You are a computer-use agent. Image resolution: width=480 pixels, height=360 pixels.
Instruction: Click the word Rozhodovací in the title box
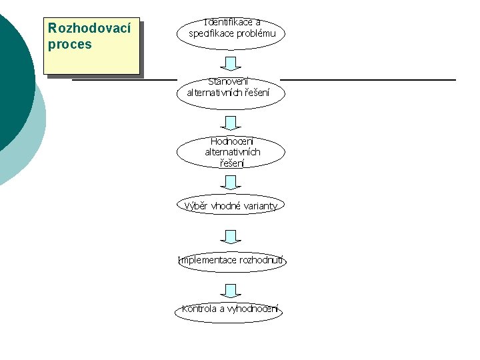coord(90,30)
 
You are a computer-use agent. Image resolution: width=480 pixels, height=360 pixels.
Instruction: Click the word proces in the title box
coord(70,45)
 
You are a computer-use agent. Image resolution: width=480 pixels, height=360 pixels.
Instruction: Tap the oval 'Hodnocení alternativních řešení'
coord(231,152)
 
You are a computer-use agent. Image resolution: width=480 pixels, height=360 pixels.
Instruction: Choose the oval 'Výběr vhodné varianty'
coord(231,206)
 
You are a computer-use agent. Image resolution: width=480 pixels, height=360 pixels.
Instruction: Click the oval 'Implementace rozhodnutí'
coord(231,260)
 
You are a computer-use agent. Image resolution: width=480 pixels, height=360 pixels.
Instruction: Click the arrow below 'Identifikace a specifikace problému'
coord(231,63)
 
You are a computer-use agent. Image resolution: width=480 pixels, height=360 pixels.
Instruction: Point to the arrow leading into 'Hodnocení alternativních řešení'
coord(231,123)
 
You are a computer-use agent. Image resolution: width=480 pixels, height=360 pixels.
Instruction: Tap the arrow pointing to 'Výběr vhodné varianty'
coord(231,182)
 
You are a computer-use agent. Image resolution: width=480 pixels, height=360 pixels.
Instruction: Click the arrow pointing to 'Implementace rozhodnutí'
coord(231,237)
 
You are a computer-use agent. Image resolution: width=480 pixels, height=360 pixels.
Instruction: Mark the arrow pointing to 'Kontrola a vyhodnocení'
coord(231,290)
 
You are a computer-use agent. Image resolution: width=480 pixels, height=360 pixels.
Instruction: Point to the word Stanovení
coord(228,82)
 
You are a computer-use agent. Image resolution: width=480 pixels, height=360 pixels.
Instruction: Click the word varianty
coord(258,206)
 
